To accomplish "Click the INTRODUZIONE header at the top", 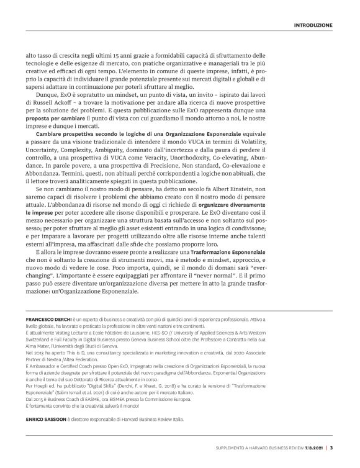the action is click(x=312, y=25).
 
